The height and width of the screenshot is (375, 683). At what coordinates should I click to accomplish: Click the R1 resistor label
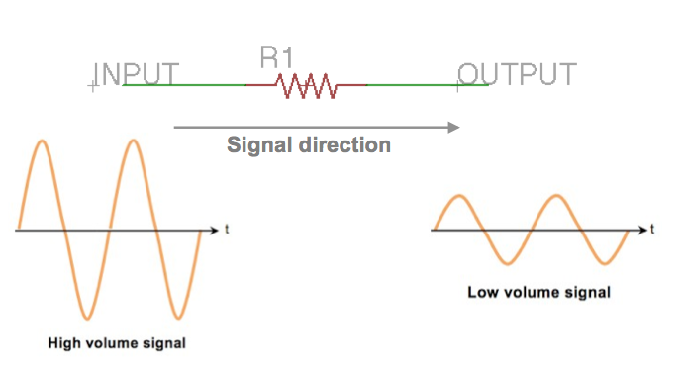pyautogui.click(x=276, y=57)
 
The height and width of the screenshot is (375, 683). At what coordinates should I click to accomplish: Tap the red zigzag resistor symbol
pyautogui.click(x=306, y=86)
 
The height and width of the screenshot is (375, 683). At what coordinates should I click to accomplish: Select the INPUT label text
pyautogui.click(x=136, y=74)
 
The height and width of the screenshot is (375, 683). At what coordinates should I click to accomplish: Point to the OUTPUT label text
pyautogui.click(x=517, y=74)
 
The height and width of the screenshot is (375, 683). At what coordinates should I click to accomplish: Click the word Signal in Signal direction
pyautogui.click(x=259, y=145)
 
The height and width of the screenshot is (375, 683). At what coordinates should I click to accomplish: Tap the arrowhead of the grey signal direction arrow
pyautogui.click(x=454, y=128)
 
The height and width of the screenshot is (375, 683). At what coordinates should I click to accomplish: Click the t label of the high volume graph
pyautogui.click(x=227, y=230)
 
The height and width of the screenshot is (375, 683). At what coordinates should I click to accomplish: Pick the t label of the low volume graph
pyautogui.click(x=652, y=230)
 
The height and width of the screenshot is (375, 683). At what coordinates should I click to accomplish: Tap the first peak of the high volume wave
pyautogui.click(x=42, y=141)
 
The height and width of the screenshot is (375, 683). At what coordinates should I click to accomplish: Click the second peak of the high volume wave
pyautogui.click(x=134, y=141)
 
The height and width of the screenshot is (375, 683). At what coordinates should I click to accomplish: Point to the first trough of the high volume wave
pyautogui.click(x=87, y=319)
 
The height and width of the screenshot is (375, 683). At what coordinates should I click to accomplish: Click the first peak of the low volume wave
pyautogui.click(x=459, y=196)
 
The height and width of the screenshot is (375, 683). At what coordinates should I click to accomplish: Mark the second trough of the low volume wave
pyautogui.click(x=605, y=263)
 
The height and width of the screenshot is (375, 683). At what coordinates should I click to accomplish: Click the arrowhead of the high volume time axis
pyautogui.click(x=214, y=230)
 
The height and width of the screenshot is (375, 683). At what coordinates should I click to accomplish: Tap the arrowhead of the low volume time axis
pyautogui.click(x=643, y=230)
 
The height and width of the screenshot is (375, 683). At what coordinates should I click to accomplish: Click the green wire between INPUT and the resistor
pyautogui.click(x=184, y=85)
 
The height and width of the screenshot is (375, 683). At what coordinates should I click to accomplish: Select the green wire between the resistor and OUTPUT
pyautogui.click(x=428, y=85)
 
